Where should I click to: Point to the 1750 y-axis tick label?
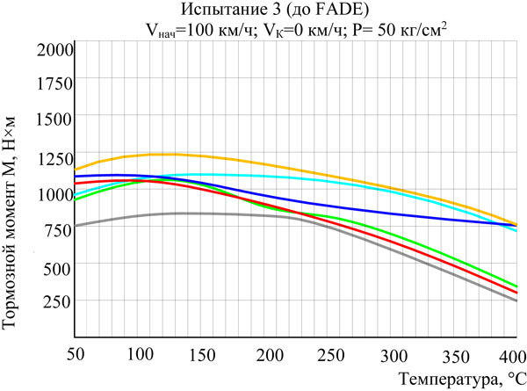pyautogui.click(x=52, y=84)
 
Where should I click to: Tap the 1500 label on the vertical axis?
pyautogui.click(x=52, y=120)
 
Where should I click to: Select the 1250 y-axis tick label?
pyautogui.click(x=52, y=156)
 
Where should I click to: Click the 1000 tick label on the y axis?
pyautogui.click(x=52, y=193)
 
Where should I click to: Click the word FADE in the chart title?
pyautogui.click(x=353, y=11)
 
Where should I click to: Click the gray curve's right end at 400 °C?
pyautogui.click(x=516, y=300)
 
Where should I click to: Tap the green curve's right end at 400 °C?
pyautogui.click(x=516, y=286)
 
